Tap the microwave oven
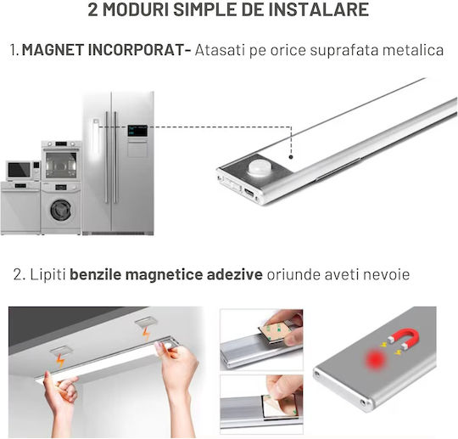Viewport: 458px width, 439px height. [x=23, y=170]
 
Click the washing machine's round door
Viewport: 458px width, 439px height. [x=60, y=210]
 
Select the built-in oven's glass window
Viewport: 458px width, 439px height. [x=61, y=165]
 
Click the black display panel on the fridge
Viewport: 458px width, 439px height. [x=137, y=131]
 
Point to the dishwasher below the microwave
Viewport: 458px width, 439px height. [x=20, y=207]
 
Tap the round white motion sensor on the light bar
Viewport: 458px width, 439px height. [x=260, y=168]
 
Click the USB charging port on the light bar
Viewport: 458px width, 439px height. [x=250, y=193]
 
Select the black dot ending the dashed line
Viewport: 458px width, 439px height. [x=291, y=157]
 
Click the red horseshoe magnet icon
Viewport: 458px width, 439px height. [x=405, y=338]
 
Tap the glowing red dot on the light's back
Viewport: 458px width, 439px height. [x=376, y=358]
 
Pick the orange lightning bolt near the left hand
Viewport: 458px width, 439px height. [x=60, y=361]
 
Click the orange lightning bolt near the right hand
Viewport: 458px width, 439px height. [x=146, y=334]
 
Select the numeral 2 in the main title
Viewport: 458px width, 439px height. [x=92, y=9]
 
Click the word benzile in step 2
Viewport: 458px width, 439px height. [x=95, y=274]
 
